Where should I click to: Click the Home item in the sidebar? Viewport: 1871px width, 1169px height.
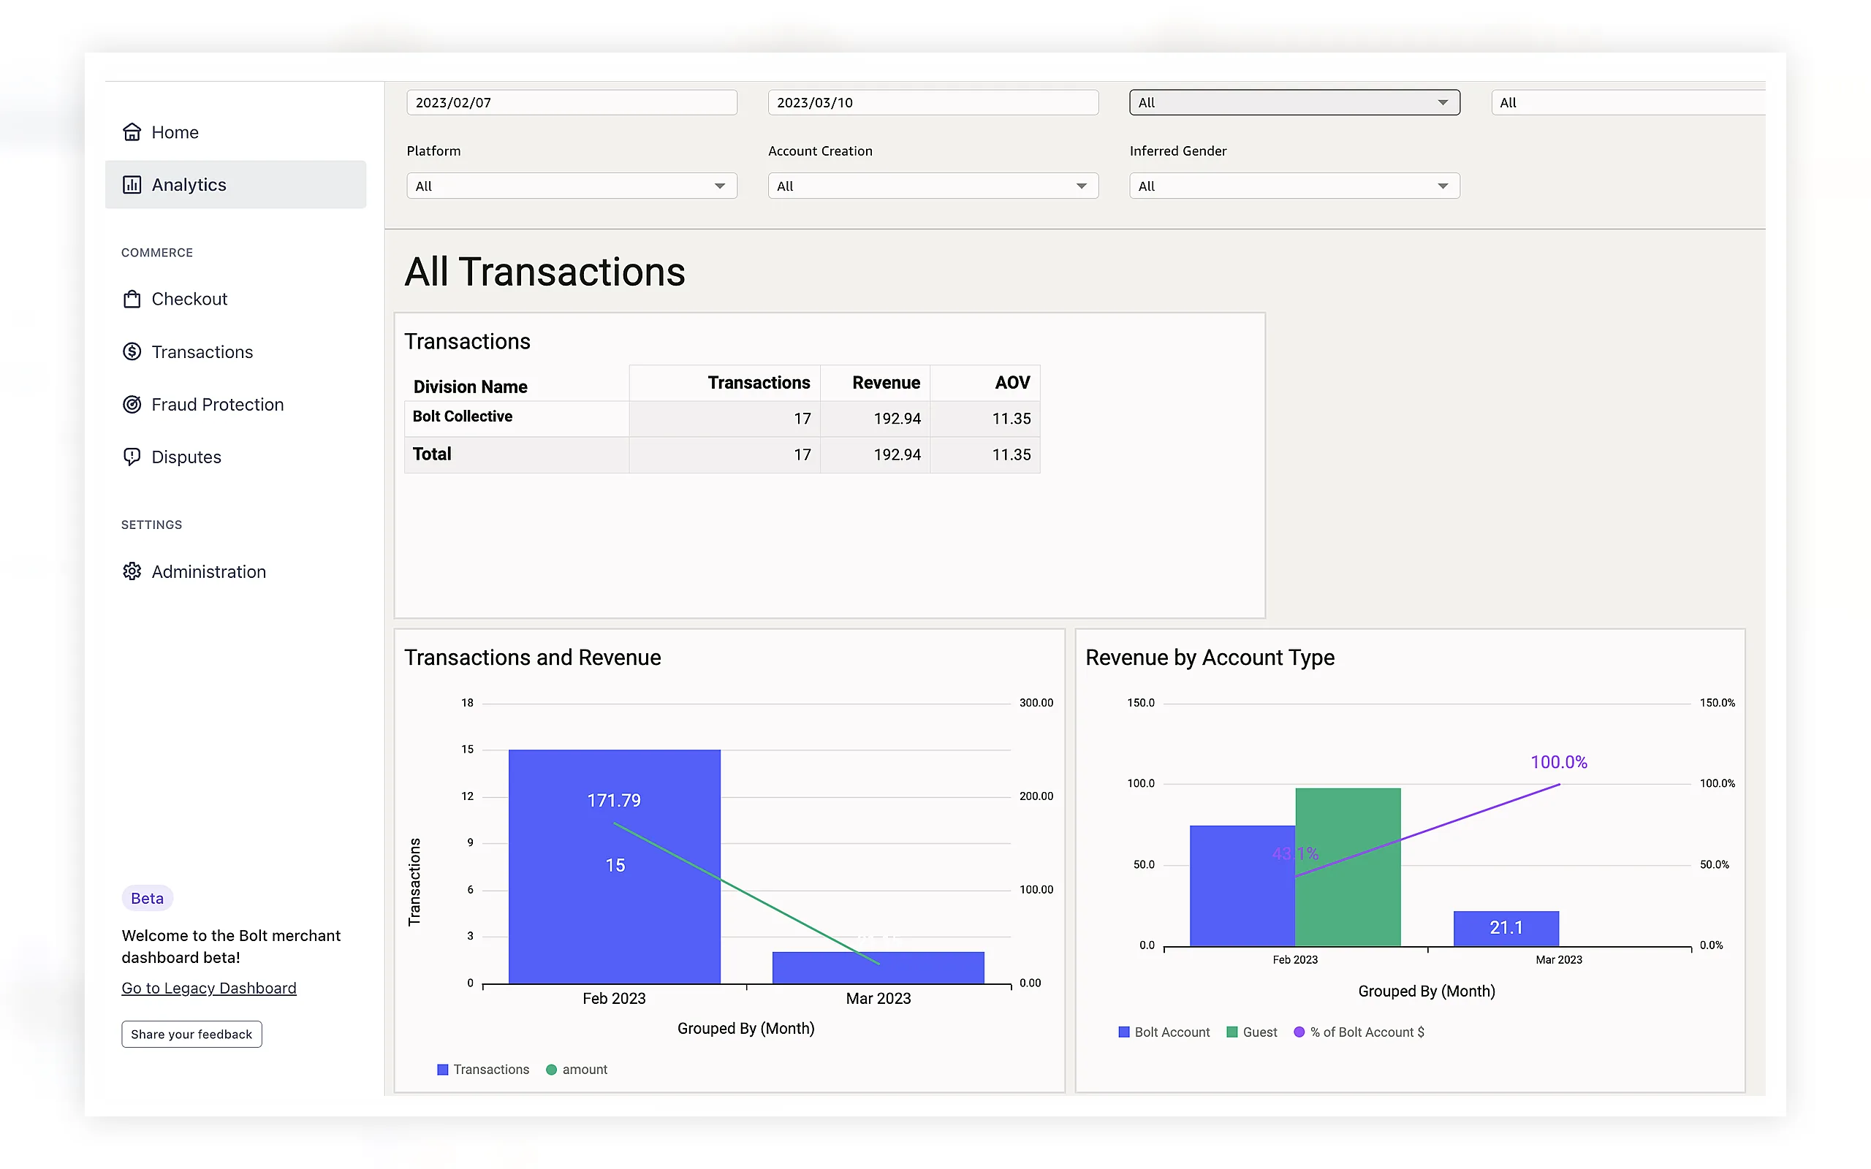[160, 132]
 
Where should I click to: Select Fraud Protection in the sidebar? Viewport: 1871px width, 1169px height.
[202, 404]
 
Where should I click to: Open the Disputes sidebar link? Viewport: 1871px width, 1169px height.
[172, 457]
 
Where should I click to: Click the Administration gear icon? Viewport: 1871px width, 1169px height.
[132, 571]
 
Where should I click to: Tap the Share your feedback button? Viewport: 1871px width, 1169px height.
[191, 1035]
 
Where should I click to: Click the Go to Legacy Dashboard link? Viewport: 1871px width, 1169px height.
[209, 988]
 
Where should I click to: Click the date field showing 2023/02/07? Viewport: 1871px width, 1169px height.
[572, 103]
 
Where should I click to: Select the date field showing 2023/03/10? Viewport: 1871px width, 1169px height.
[933, 103]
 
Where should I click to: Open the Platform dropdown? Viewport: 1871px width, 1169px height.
[572, 186]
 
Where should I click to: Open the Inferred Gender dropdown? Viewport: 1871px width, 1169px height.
[1294, 186]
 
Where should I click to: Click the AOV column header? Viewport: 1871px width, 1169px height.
[1012, 383]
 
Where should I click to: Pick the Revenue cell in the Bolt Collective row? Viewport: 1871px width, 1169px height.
[897, 418]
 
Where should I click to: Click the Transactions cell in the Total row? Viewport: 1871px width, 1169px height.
[802, 454]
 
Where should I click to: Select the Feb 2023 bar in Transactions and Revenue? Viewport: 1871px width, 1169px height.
[615, 867]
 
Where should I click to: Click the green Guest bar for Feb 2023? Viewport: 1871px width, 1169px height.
[1348, 867]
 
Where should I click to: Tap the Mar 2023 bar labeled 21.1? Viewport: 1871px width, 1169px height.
[1506, 929]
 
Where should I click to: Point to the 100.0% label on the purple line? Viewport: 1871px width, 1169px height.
[1559, 762]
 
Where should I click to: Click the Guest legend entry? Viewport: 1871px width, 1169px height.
[1252, 1032]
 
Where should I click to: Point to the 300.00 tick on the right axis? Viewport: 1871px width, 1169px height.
[1036, 703]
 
